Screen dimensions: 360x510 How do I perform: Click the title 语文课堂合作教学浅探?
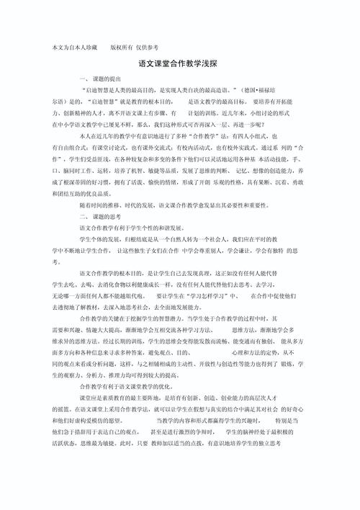(x=180, y=63)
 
